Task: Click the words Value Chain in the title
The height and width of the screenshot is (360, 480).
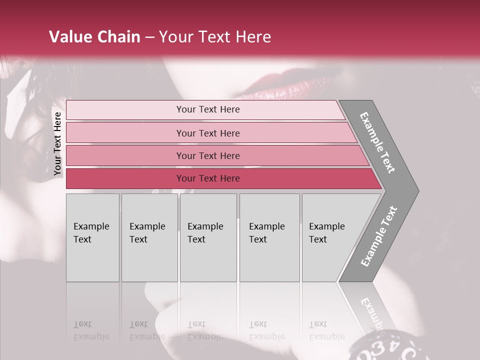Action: (x=94, y=37)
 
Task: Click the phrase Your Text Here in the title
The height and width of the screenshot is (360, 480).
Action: (x=215, y=37)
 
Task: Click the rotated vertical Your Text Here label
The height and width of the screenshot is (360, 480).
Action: (x=57, y=143)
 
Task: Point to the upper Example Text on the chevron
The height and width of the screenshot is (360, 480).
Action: (x=377, y=142)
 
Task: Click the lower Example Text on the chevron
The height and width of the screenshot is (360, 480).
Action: (x=379, y=236)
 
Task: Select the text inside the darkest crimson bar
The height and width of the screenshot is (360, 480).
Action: (x=208, y=178)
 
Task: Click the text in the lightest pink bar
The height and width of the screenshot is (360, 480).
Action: (x=208, y=109)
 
